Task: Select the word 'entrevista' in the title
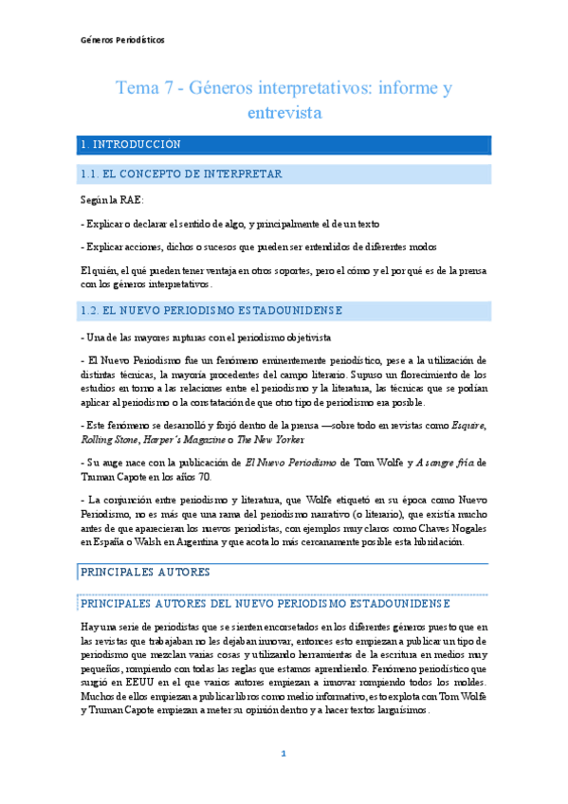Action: [284, 112]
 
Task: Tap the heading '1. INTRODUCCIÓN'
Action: [131, 145]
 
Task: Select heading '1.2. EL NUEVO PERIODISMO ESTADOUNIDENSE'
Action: [212, 310]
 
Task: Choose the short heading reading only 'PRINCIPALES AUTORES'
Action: [146, 574]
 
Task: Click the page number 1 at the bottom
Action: [283, 754]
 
